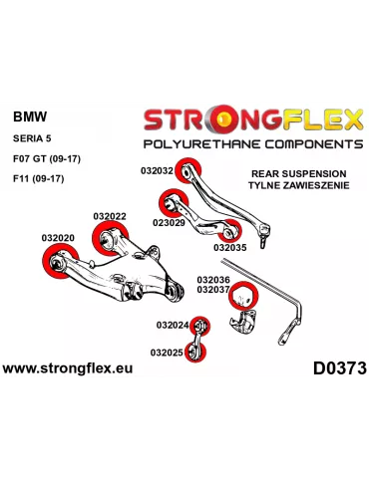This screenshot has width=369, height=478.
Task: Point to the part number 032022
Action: pyautogui.click(x=110, y=216)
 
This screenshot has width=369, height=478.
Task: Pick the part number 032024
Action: pyautogui.click(x=172, y=325)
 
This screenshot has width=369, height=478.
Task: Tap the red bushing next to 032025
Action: pyautogui.click(x=198, y=351)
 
